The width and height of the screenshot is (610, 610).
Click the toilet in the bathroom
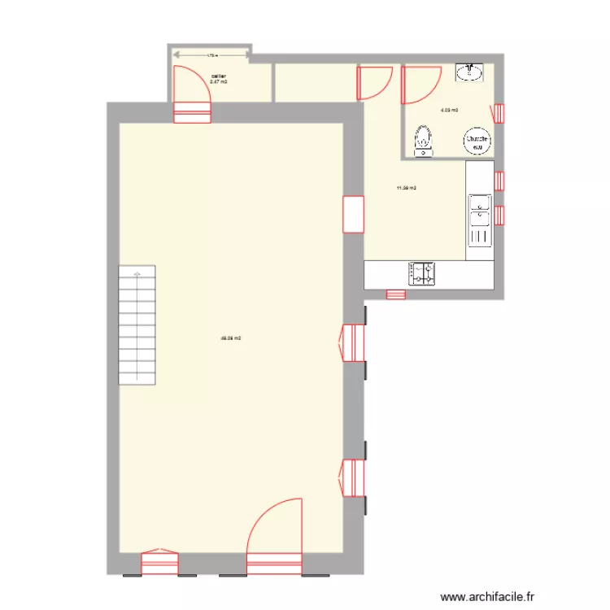pos(423,140)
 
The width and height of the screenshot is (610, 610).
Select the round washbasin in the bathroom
pos(470,73)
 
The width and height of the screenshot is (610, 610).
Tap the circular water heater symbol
pos(477,142)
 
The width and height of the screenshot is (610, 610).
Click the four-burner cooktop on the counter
pos(422,274)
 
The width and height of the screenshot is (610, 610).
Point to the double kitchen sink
pos(480,220)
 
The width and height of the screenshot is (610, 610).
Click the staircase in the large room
pos(137,325)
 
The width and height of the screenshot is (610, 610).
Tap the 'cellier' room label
pos(218,76)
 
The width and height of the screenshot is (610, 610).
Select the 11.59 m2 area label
pos(406,189)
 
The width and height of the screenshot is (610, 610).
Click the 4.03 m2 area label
pos(449,110)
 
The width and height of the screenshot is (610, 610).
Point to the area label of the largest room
pos(231,338)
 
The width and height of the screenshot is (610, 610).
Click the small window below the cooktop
pos(396,294)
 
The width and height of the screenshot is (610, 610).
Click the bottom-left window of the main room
pos(159,563)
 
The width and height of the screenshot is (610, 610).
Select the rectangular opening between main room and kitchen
pos(354,215)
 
